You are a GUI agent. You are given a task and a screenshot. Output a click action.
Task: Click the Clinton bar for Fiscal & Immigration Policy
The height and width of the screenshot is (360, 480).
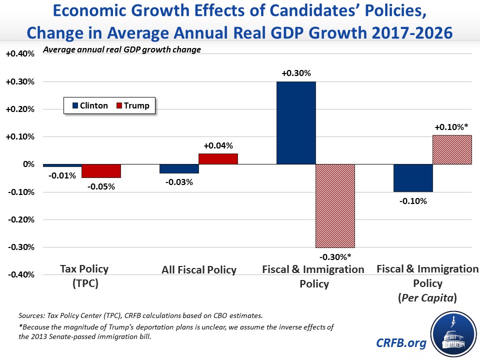(x=296, y=122)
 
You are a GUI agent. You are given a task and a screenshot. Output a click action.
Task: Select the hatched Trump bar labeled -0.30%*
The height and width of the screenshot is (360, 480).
(x=335, y=205)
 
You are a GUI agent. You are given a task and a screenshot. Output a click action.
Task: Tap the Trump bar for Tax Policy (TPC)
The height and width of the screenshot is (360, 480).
(x=101, y=171)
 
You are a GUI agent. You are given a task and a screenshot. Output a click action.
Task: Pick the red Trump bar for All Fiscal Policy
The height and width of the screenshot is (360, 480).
(x=218, y=159)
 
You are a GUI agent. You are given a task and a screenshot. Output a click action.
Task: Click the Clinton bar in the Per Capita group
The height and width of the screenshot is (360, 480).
(x=413, y=178)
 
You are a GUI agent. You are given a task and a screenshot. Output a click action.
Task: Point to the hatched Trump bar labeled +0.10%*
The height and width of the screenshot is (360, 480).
(x=451, y=149)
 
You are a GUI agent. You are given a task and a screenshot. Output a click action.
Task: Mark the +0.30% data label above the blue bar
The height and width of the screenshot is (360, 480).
(x=296, y=73)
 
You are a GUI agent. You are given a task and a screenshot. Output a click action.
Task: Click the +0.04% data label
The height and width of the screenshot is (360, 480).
(x=218, y=146)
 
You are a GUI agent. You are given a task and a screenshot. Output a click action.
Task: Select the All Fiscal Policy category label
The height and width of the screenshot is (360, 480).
(x=199, y=270)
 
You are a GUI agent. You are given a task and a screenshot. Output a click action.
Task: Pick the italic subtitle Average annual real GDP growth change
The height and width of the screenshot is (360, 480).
(x=122, y=50)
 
